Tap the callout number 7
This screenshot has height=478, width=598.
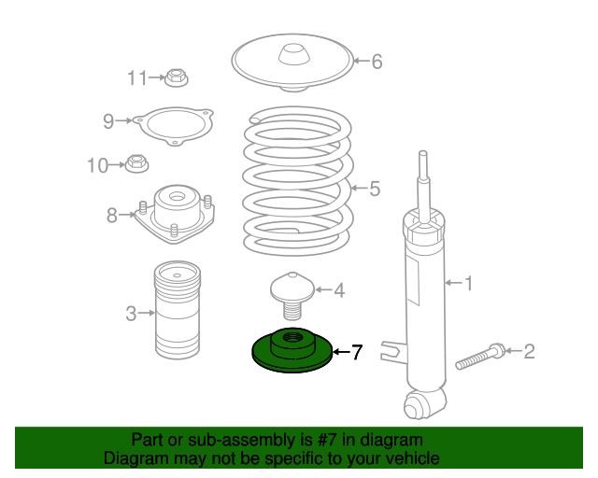pyautogui.click(x=356, y=352)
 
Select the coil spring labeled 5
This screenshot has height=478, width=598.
pyautogui.click(x=298, y=182)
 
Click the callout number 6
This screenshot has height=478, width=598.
pyautogui.click(x=377, y=62)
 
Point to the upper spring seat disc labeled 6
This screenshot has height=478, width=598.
pyautogui.click(x=292, y=63)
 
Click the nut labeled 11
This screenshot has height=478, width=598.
pyautogui.click(x=177, y=77)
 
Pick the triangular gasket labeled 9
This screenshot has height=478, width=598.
pyautogui.click(x=174, y=127)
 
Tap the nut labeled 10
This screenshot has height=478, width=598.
pyautogui.click(x=136, y=164)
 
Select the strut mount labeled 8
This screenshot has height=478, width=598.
pyautogui.click(x=175, y=214)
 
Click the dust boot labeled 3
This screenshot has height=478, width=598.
pyautogui.click(x=178, y=310)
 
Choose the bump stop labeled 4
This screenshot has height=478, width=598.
pyautogui.click(x=292, y=294)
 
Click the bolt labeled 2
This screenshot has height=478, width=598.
pyautogui.click(x=480, y=356)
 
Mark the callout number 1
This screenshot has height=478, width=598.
pyautogui.click(x=467, y=283)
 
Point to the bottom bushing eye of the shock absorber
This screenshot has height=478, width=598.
pyautogui.click(x=422, y=404)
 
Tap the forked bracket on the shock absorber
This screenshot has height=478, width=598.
pyautogui.click(x=392, y=351)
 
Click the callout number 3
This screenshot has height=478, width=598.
pyautogui.click(x=131, y=314)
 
